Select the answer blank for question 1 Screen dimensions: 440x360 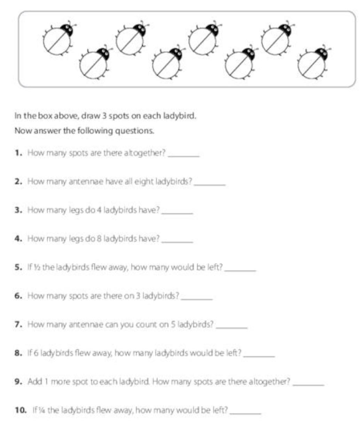[x=183, y=155]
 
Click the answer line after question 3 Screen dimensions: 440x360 [x=178, y=212]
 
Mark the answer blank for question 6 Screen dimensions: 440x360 [x=197, y=298]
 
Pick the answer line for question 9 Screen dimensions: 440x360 [x=309, y=384]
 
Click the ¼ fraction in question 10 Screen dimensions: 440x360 [x=41, y=410]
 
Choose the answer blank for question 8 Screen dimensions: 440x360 [x=260, y=355]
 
